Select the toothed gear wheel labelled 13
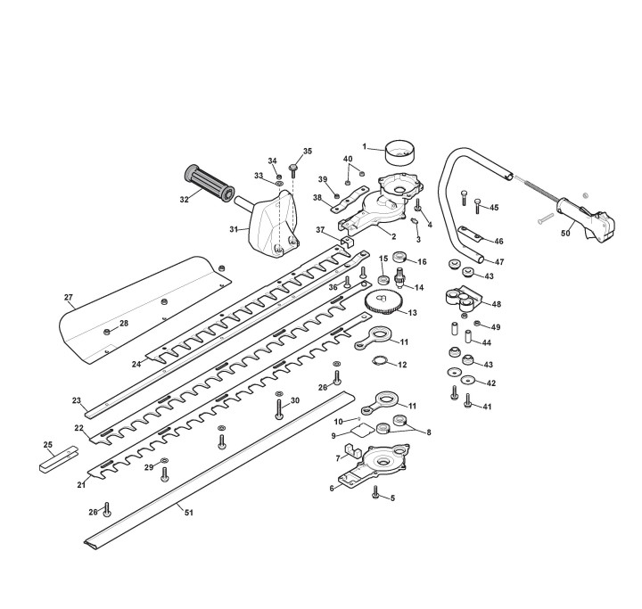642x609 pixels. (x=383, y=302)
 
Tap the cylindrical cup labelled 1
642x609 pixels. (x=400, y=152)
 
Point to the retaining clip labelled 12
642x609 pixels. (x=379, y=360)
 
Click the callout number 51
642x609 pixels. (x=188, y=513)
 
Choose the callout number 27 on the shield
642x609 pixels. (x=68, y=297)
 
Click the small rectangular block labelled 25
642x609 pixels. (x=58, y=459)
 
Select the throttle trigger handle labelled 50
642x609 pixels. (x=586, y=220)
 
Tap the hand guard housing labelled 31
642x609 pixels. (x=274, y=226)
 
